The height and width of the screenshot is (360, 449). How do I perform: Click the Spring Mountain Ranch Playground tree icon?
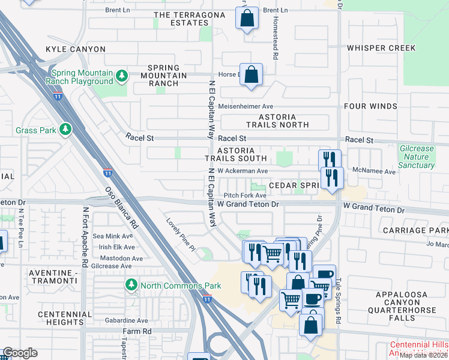[x=122, y=76]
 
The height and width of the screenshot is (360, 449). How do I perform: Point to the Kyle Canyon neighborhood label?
[x=76, y=49]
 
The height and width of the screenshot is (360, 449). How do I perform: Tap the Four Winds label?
[x=370, y=106]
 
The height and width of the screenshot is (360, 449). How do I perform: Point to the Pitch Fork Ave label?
[x=245, y=196]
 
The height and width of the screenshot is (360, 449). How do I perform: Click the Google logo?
[x=20, y=353]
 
